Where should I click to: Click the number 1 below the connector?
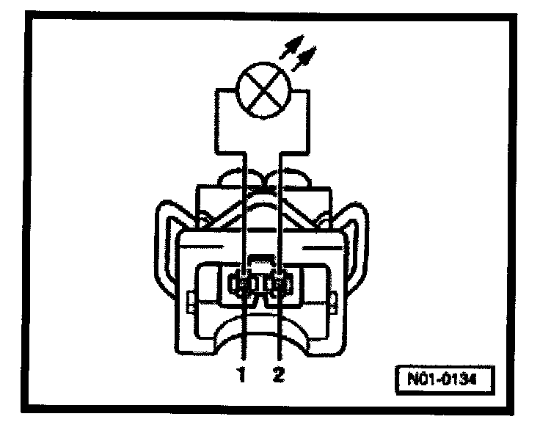pos(240,375)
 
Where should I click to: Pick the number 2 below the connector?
pos(277,375)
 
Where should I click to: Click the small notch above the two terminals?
pos(260,259)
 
